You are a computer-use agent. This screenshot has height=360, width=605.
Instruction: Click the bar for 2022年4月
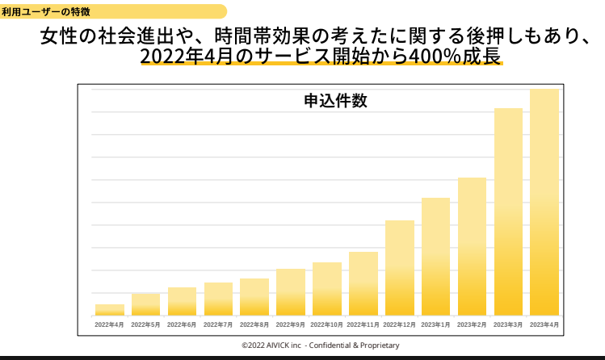[110, 309]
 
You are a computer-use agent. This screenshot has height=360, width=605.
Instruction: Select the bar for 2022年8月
[254, 296]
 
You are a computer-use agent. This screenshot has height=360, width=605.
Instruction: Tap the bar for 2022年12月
[399, 267]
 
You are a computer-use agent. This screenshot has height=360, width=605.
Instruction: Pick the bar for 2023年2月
[472, 246]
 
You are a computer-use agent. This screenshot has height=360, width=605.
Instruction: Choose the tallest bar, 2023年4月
[544, 202]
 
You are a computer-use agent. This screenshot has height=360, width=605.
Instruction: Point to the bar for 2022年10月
[327, 288]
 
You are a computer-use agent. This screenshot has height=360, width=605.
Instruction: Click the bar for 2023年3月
[508, 211]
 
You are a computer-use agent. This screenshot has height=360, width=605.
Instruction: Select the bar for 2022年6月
[182, 301]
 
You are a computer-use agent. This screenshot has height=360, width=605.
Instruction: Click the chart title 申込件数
[335, 102]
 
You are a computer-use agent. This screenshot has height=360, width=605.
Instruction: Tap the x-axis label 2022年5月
[145, 324]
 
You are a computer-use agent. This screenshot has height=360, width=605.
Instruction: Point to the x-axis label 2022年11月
[363, 324]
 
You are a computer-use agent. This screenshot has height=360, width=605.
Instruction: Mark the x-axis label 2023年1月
[435, 324]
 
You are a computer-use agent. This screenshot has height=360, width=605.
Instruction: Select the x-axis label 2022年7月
[218, 324]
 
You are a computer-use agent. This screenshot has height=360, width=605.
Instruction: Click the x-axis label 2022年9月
[291, 324]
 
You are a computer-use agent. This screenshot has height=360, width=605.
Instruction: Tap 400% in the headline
[412, 57]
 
